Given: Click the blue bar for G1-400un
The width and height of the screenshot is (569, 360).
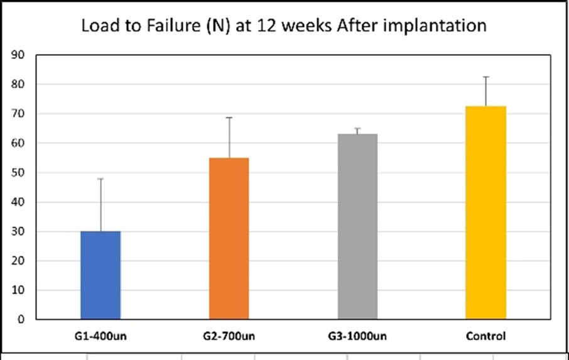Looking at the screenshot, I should pyautogui.click(x=100, y=275).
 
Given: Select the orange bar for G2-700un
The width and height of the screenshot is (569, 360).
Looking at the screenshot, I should pyautogui.click(x=229, y=238).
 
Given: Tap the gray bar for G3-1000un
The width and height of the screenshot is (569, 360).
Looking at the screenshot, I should pyautogui.click(x=357, y=226).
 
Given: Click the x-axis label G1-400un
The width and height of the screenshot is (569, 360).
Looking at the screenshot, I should pyautogui.click(x=100, y=336).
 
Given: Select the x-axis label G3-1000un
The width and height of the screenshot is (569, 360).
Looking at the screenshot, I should pyautogui.click(x=357, y=336).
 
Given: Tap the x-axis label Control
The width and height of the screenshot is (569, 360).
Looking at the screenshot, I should pyautogui.click(x=485, y=336).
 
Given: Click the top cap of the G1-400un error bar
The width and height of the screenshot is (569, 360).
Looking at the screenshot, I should pyautogui.click(x=100, y=179).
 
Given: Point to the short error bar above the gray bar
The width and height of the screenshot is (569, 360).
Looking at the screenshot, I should pyautogui.click(x=357, y=131).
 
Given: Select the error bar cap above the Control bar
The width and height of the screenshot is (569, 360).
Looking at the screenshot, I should pyautogui.click(x=485, y=77).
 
